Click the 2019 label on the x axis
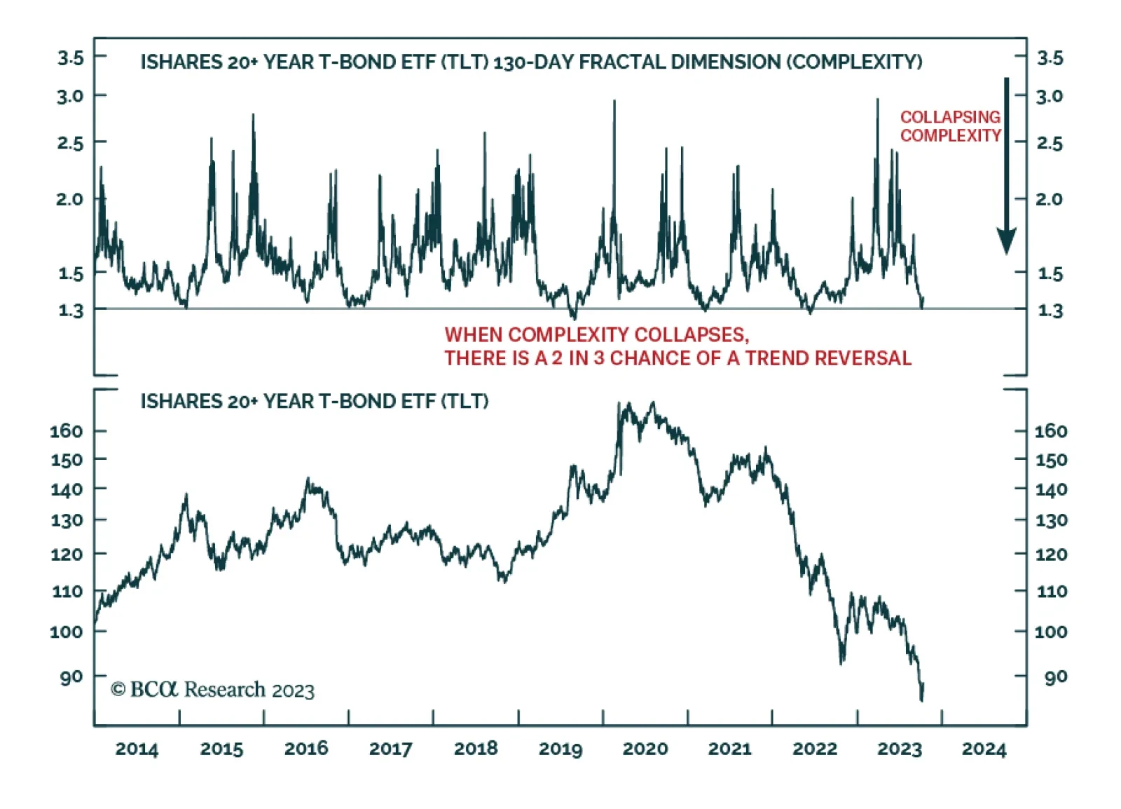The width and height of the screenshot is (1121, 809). point(560,749)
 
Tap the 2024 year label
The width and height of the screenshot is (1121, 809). point(984,749)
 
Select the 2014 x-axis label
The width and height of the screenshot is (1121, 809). point(137,749)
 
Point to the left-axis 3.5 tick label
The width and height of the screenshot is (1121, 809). point(70,57)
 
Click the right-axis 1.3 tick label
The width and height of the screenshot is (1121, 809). point(1050,310)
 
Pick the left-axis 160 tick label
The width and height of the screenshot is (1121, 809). point(67,430)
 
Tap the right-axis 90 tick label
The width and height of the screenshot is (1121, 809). point(1055,677)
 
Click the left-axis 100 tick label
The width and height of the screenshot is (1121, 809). point(67,632)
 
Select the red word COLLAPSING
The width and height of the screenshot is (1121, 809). point(950,116)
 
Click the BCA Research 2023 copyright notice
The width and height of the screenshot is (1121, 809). point(213,690)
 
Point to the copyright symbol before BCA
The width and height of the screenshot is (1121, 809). point(118,690)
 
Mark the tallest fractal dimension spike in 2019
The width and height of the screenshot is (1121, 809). point(614,102)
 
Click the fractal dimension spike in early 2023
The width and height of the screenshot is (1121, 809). point(877,100)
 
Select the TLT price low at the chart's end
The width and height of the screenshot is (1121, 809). point(921,699)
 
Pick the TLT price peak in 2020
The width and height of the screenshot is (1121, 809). point(653,403)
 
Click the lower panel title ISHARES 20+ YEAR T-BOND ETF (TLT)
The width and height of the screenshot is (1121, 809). point(315,401)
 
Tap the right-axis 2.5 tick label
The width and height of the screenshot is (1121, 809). point(1050,143)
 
